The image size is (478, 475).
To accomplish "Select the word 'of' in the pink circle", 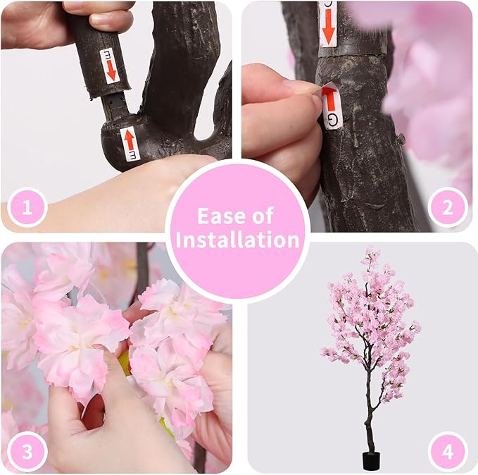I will pos(263,216).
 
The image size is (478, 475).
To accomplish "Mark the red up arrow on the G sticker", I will pos(329,100).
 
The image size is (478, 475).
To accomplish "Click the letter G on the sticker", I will pos(332,118).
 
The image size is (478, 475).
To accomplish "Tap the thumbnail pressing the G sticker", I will pos(310,87).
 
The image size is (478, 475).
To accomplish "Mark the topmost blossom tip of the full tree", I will pos(368,249).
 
